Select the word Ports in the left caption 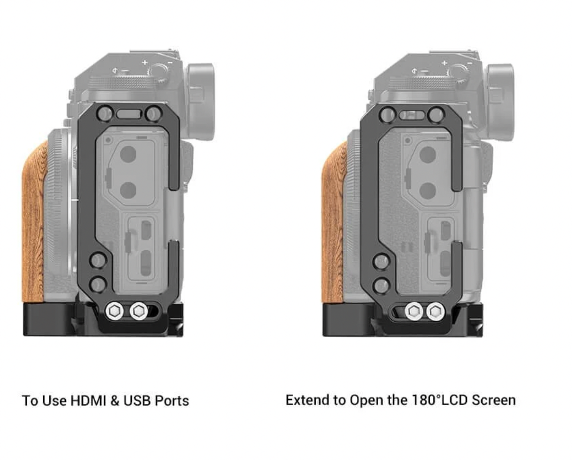point(172,401)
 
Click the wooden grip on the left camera point(34,223)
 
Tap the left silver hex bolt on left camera point(114,311)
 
